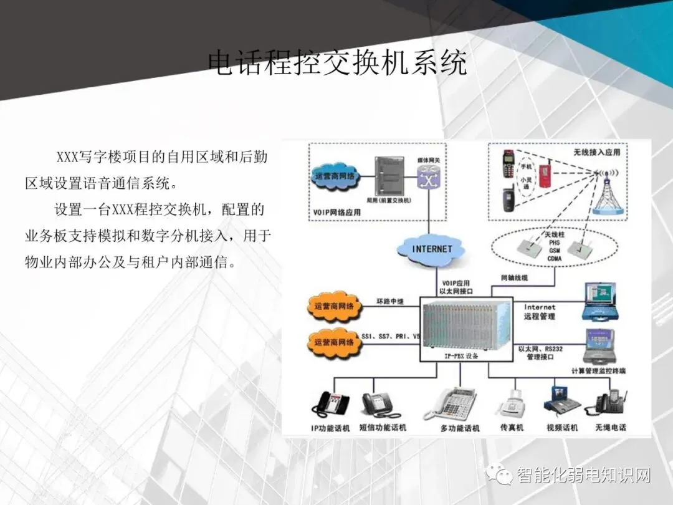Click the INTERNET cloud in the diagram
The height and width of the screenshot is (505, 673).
tap(432, 249)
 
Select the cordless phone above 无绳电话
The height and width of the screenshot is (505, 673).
tap(610, 402)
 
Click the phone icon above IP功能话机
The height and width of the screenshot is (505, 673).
tap(331, 404)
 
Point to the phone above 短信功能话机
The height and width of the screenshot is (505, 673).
tap(381, 404)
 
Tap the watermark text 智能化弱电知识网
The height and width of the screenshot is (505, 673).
tap(583, 476)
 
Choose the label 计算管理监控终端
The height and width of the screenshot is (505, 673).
tap(598, 371)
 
